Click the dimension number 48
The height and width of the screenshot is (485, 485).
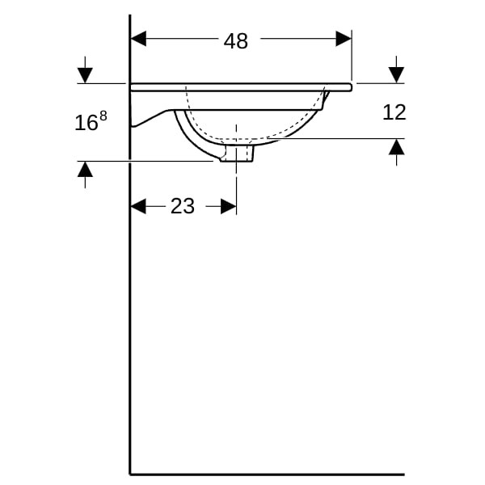236,41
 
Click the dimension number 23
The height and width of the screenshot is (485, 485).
183,206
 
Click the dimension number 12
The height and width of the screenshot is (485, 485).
394,112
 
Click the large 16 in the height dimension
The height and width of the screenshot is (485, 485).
86,123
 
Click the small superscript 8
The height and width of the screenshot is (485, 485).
103,116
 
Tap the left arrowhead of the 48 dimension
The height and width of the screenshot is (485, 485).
138,39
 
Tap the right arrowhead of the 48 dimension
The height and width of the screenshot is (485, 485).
344,39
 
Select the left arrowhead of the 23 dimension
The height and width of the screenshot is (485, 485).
138,206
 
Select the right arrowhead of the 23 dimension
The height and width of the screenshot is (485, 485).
229,206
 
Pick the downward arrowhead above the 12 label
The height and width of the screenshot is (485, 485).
396,75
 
